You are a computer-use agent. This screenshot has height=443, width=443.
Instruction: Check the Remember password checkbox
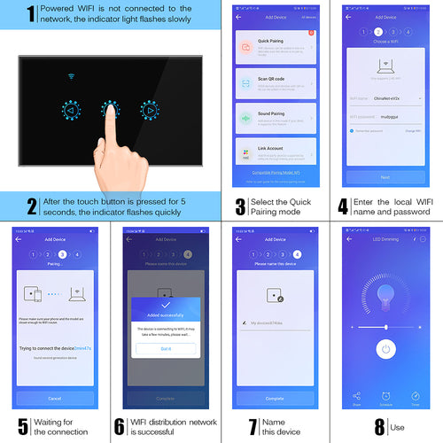coord(352,130)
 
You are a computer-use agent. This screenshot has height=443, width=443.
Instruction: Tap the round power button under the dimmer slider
coord(385,349)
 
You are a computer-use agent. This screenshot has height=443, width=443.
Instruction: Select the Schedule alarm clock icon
coord(385,396)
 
